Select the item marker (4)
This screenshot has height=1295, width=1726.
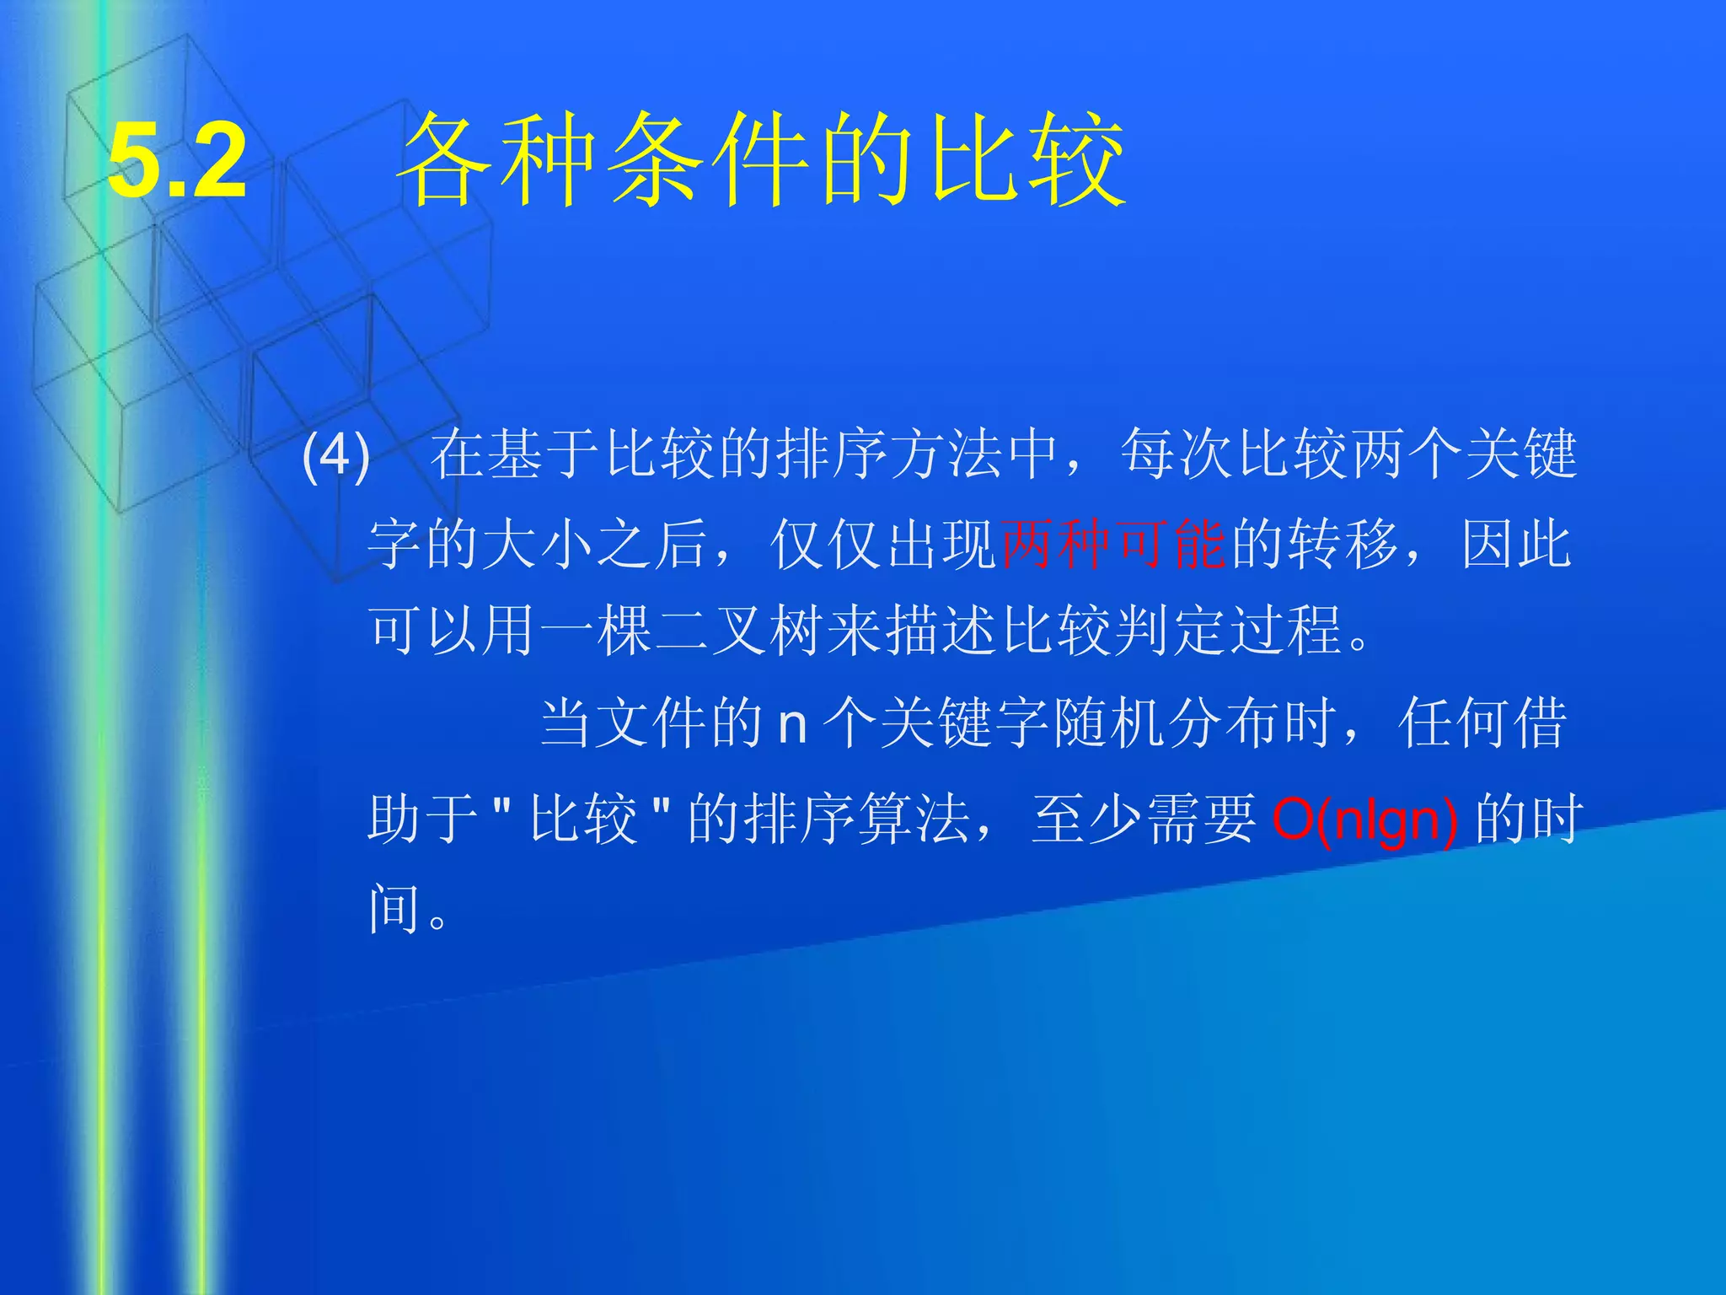click(x=335, y=456)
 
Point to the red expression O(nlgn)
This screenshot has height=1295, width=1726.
click(x=1364, y=819)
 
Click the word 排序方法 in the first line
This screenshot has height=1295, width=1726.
click(x=888, y=455)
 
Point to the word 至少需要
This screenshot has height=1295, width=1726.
click(x=1144, y=819)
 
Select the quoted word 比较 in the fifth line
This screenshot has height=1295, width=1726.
click(x=583, y=819)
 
